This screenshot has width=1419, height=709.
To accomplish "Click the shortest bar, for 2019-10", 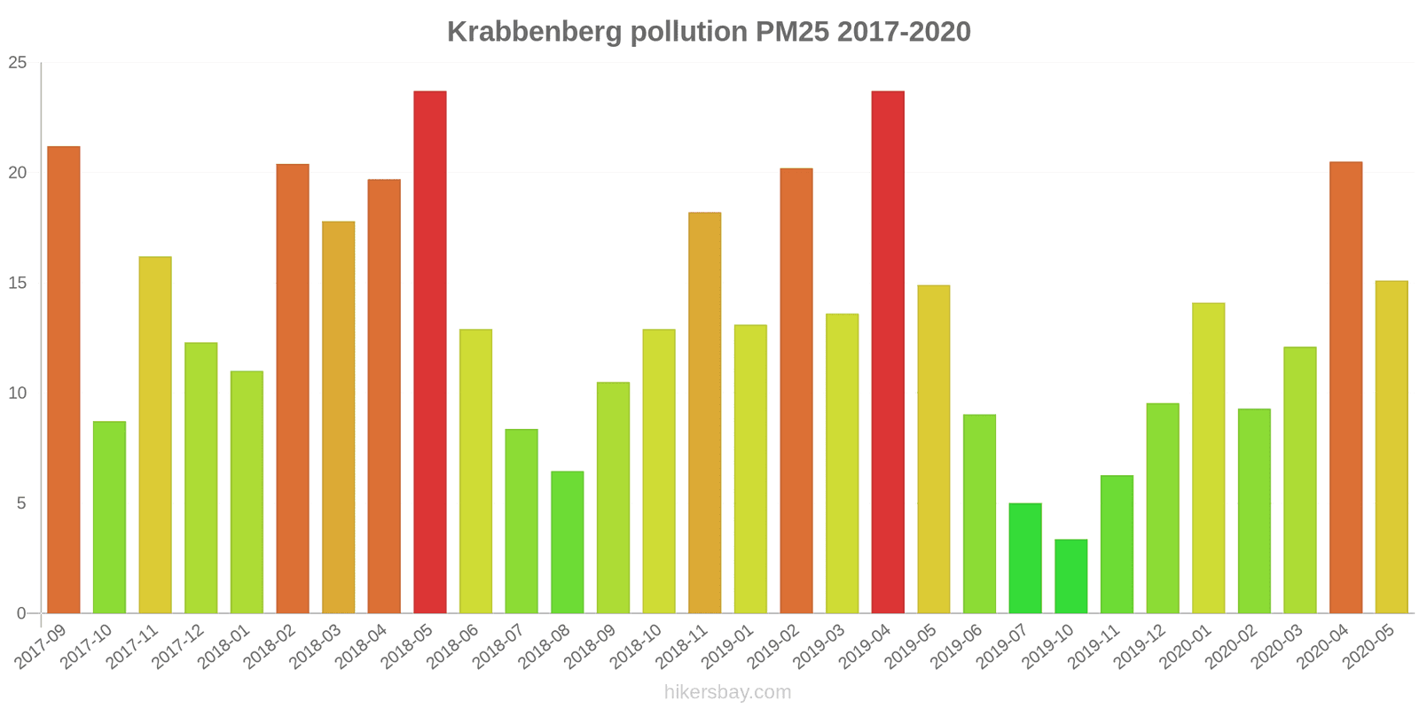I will tap(1071, 576).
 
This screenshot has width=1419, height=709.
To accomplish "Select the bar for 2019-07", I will tap(1025, 558).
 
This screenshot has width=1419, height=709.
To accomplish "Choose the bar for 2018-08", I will tap(568, 542).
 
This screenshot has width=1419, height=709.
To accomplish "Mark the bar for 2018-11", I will tap(705, 413).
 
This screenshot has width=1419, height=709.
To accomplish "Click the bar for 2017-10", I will tap(109, 518).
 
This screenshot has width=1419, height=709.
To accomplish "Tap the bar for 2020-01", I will tap(1209, 458).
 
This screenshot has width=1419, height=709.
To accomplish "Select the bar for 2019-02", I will tap(796, 391).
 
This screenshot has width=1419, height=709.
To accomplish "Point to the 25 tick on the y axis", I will tap(18, 63).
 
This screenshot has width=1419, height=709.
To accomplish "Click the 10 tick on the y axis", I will tap(18, 393).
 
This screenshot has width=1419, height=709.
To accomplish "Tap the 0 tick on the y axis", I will tap(22, 613).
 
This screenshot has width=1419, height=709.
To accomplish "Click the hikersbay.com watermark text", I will tap(727, 692).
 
